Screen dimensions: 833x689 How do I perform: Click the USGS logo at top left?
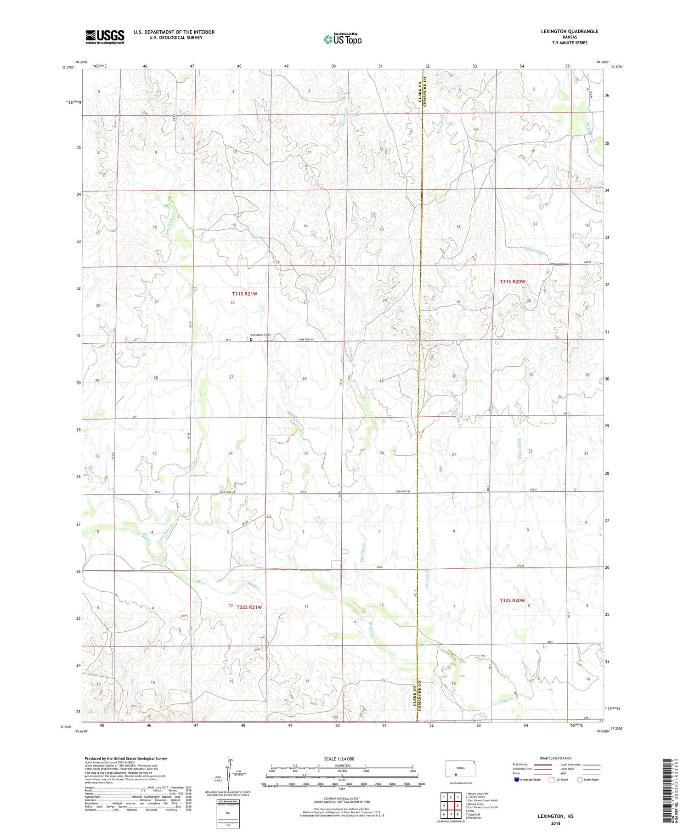[x=105, y=37]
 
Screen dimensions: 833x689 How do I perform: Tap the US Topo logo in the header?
[x=342, y=40]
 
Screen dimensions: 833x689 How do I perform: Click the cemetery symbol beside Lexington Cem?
[x=251, y=340]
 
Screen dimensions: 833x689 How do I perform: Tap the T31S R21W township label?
[x=244, y=293]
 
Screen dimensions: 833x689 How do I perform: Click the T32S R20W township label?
[x=512, y=601]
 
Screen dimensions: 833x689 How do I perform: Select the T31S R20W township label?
[x=512, y=281]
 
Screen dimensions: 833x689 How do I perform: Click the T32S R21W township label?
[x=249, y=607]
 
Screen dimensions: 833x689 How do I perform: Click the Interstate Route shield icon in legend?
[x=517, y=779]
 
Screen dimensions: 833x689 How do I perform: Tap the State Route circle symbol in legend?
[x=580, y=779]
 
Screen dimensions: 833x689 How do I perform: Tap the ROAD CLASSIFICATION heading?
[x=556, y=758]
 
